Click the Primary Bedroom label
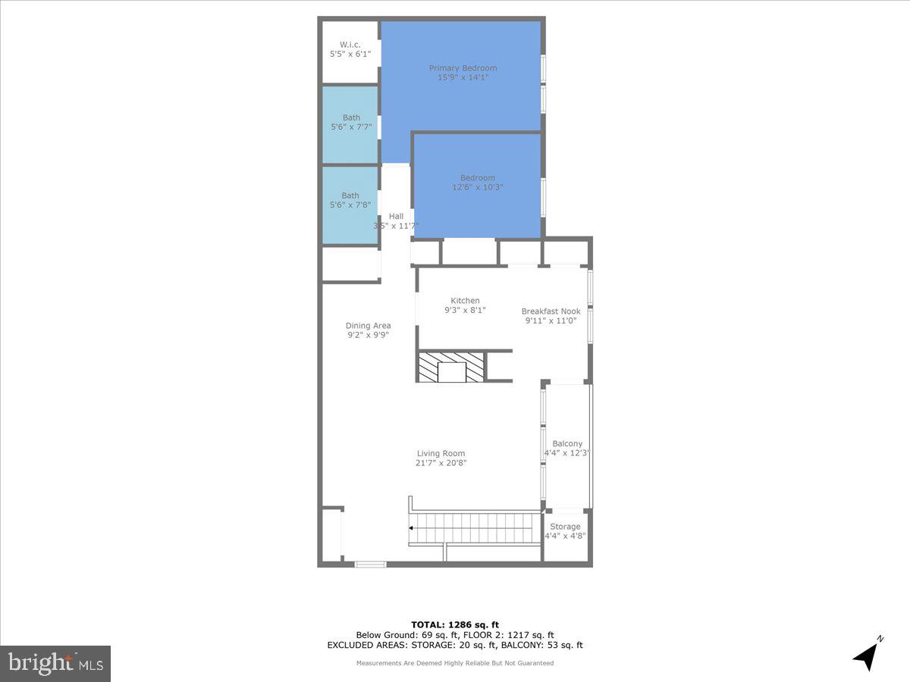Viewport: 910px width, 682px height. pyautogui.click(x=463, y=68)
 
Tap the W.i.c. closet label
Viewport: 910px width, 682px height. pyautogui.click(x=350, y=45)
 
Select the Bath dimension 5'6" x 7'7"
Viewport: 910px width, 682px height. pyautogui.click(x=351, y=127)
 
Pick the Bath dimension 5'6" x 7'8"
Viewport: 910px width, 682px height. pyautogui.click(x=350, y=205)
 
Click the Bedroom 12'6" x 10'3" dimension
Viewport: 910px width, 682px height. pyautogui.click(x=477, y=187)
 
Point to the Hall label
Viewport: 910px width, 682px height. pyautogui.click(x=396, y=216)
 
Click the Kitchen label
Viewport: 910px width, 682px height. pyautogui.click(x=465, y=301)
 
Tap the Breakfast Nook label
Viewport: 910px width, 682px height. pyautogui.click(x=551, y=311)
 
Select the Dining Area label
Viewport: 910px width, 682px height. pyautogui.click(x=369, y=326)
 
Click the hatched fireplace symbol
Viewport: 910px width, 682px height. pyautogui.click(x=451, y=367)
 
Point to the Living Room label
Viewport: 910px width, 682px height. pyautogui.click(x=441, y=453)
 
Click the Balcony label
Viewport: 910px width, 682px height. pyautogui.click(x=567, y=444)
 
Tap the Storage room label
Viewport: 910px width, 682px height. pyautogui.click(x=565, y=527)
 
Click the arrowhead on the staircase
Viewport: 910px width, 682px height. pyautogui.click(x=411, y=528)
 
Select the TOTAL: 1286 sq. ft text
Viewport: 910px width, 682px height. pyautogui.click(x=454, y=624)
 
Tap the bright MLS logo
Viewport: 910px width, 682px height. pyautogui.click(x=55, y=663)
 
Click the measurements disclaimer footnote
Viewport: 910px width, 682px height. pyautogui.click(x=455, y=663)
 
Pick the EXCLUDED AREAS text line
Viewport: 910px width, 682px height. pyautogui.click(x=455, y=645)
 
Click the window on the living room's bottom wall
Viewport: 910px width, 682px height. pyautogui.click(x=370, y=564)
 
